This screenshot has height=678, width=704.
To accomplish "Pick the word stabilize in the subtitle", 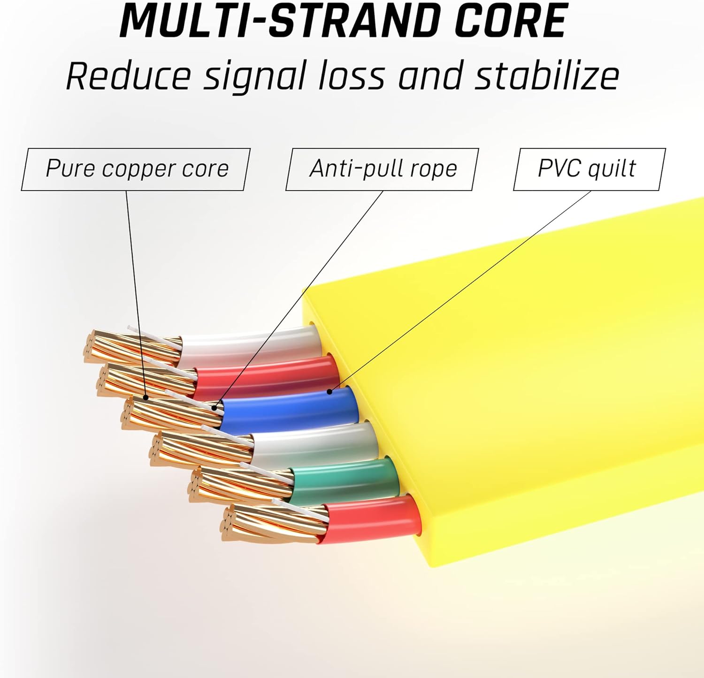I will tap(546, 76).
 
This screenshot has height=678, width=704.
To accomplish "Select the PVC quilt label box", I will tap(589, 169).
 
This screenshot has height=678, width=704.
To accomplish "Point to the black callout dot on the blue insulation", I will tap(329, 391).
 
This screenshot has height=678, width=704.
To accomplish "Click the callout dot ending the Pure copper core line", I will tap(146, 397).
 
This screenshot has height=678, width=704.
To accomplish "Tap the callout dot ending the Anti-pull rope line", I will tap(215, 408).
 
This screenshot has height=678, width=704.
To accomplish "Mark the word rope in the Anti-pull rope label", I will tap(438, 169).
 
